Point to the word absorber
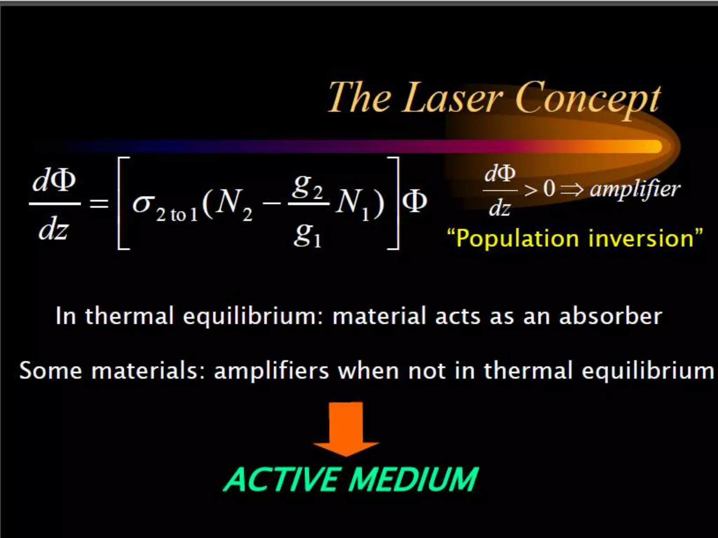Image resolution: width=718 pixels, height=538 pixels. click(610, 316)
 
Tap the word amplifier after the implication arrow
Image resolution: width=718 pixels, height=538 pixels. click(635, 189)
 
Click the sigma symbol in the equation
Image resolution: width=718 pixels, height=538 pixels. click(143, 203)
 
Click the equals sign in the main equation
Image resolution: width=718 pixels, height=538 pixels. click(99, 203)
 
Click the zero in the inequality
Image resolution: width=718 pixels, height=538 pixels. click(549, 189)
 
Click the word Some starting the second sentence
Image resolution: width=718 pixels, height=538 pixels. click(51, 371)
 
